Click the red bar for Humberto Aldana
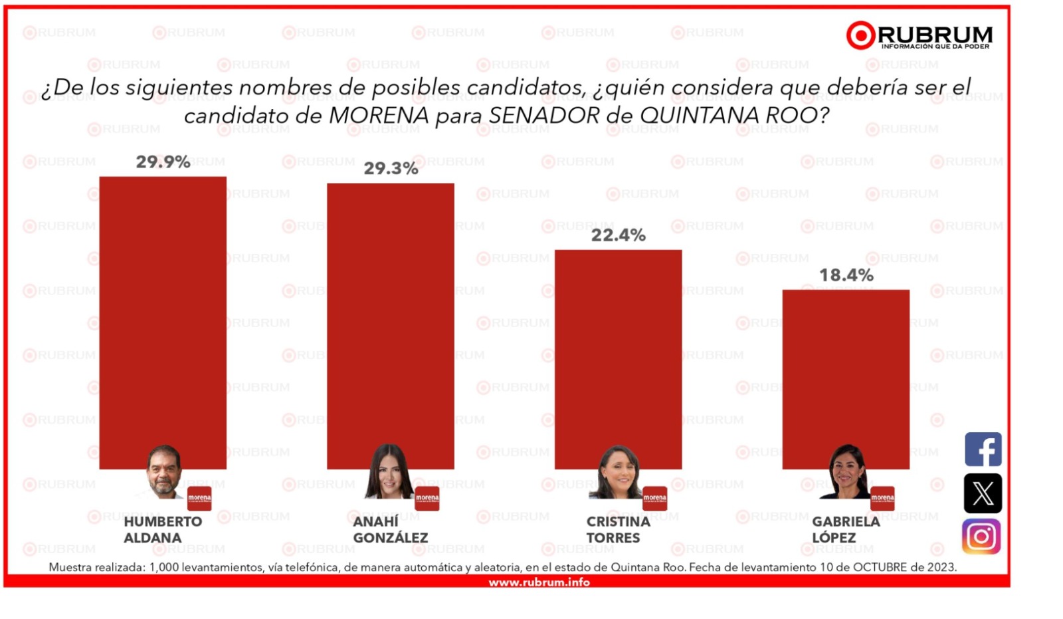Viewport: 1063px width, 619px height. click(163, 323)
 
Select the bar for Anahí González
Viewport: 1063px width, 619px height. click(391, 326)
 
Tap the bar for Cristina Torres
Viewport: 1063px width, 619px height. click(619, 360)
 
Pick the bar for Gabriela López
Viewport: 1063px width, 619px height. click(846, 380)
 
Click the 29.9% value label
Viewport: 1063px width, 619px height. click(163, 162)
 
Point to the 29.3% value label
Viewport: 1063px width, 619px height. click(391, 169)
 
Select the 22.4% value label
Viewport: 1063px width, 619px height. click(619, 235)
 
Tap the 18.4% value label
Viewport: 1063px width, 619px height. click(846, 275)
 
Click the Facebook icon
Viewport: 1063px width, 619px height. click(983, 449)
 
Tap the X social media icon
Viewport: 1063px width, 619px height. click(983, 493)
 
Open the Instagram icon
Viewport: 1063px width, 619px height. click(981, 537)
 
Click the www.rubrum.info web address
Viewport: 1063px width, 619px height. click(539, 582)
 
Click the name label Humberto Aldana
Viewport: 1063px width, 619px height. click(163, 530)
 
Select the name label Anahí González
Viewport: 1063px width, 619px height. click(391, 530)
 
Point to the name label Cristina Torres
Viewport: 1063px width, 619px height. click(619, 530)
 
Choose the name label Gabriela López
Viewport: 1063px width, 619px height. click(846, 530)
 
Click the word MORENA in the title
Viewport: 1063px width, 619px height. click(379, 116)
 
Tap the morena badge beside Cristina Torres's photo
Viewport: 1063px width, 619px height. click(655, 499)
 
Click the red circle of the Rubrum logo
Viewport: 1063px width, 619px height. click(860, 35)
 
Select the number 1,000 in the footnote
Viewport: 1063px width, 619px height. click(163, 568)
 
